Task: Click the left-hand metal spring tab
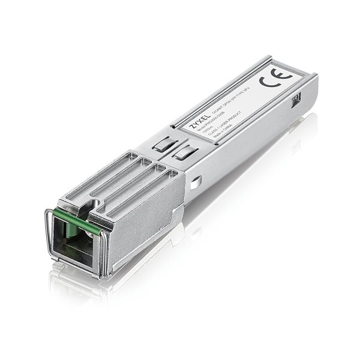pos(161,146)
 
